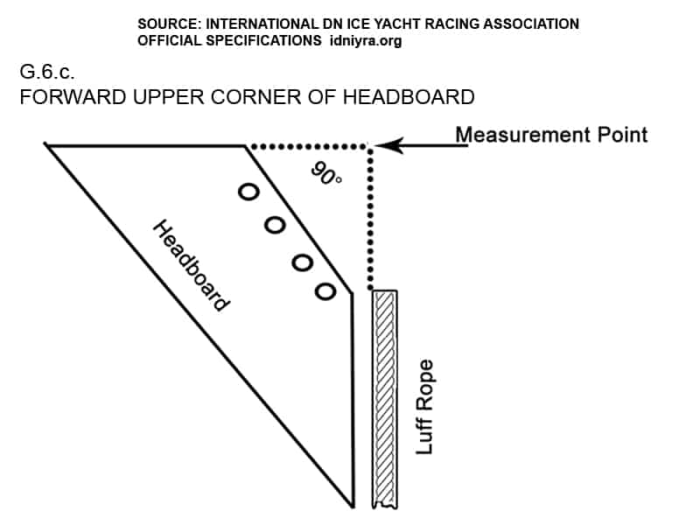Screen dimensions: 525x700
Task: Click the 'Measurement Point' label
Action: point(551,134)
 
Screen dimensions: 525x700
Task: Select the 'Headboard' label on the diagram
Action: point(192,265)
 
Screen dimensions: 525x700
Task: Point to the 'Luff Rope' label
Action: point(425,405)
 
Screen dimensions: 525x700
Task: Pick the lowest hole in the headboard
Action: point(325,290)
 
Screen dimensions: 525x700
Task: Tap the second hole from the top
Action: point(275,225)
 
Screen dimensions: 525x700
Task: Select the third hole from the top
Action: point(302,260)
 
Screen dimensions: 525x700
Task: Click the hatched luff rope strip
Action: point(384,398)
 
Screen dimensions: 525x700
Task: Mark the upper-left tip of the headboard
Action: point(49,146)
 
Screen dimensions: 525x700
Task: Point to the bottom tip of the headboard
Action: point(352,505)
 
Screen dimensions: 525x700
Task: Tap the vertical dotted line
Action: point(371,219)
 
